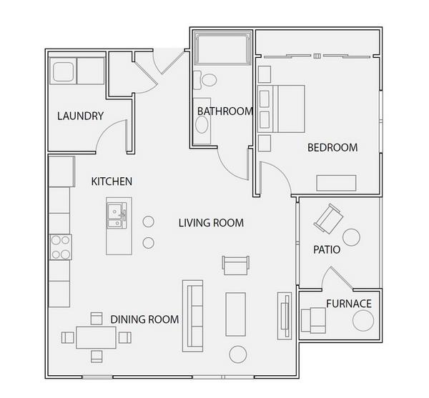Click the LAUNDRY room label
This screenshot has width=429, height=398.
(x=80, y=116)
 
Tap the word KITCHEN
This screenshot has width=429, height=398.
(x=112, y=181)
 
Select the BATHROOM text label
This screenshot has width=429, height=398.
(x=225, y=111)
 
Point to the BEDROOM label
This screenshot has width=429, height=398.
(x=332, y=148)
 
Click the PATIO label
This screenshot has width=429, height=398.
(x=327, y=249)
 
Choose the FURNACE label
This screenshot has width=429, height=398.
(x=349, y=304)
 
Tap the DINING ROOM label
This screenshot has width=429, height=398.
(x=144, y=319)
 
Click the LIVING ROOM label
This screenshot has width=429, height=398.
(x=211, y=223)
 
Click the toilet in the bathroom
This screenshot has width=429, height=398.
(x=205, y=80)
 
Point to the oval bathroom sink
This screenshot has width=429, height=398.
(x=202, y=124)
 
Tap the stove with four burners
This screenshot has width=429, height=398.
(x=61, y=247)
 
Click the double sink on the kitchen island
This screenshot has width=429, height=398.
(x=117, y=215)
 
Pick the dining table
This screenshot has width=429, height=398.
(x=96, y=337)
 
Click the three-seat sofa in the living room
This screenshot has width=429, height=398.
(x=192, y=316)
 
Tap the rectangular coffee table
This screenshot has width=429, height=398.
(x=235, y=314)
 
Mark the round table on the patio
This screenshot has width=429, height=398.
(x=351, y=237)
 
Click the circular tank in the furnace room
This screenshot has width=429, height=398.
(x=363, y=321)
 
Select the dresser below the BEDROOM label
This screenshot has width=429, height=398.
(x=336, y=183)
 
